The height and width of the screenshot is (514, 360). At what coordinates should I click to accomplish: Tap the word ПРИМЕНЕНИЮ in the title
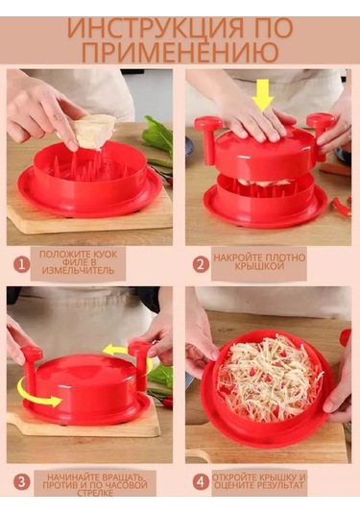click(180, 52)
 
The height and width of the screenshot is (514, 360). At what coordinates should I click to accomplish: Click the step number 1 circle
click(22, 264)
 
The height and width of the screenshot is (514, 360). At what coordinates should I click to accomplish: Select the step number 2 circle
click(201, 264)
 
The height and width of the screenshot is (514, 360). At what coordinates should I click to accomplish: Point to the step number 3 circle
click(22, 482)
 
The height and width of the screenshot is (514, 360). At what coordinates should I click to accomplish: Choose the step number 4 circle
click(201, 482)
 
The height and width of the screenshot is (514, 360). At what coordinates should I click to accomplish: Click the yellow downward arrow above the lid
click(262, 94)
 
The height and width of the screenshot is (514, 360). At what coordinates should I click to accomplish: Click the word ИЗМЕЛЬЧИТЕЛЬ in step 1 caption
click(79, 271)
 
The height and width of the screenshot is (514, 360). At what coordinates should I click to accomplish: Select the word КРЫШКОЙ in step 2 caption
click(259, 266)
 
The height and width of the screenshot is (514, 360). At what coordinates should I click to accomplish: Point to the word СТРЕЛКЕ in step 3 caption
click(95, 493)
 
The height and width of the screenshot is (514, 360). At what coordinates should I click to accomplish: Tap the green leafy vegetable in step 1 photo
click(157, 135)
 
